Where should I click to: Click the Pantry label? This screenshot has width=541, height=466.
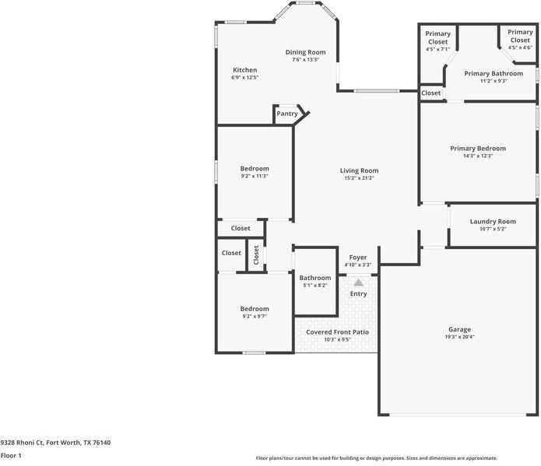pyautogui.click(x=287, y=114)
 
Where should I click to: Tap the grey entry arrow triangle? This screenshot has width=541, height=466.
pyautogui.click(x=359, y=283)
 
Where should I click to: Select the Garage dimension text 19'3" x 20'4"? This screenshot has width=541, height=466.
pyautogui.click(x=459, y=337)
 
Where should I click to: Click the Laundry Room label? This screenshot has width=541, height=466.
pyautogui.click(x=493, y=222)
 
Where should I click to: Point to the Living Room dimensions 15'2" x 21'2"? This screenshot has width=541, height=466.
pyautogui.click(x=359, y=178)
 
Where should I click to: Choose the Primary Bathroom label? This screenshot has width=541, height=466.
pyautogui.click(x=494, y=73)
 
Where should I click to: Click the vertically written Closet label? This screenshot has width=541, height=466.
pyautogui.click(x=256, y=255)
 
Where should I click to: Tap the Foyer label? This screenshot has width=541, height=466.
pyautogui.click(x=358, y=258)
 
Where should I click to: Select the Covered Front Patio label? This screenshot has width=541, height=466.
pyautogui.click(x=337, y=332)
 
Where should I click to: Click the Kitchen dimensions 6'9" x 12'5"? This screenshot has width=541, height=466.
pyautogui.click(x=244, y=78)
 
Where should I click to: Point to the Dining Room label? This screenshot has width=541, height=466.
pyautogui.click(x=305, y=52)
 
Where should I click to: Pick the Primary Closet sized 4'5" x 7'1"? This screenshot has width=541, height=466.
pyautogui.click(x=437, y=37)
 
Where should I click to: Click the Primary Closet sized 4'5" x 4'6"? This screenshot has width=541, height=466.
pyautogui.click(x=520, y=37)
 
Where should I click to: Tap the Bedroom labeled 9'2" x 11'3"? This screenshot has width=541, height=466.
pyautogui.click(x=255, y=169)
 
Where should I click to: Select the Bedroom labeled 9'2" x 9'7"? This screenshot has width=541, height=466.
pyautogui.click(x=255, y=309)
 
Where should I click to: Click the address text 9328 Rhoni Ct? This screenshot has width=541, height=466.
pyautogui.click(x=23, y=443)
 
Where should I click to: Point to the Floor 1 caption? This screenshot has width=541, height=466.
pyautogui.click(x=11, y=456)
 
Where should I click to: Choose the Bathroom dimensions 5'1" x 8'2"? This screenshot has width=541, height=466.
pyautogui.click(x=315, y=286)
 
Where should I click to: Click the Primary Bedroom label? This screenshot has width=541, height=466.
pyautogui.click(x=478, y=149)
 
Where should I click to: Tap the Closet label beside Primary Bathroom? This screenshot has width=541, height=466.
pyautogui.click(x=431, y=93)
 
